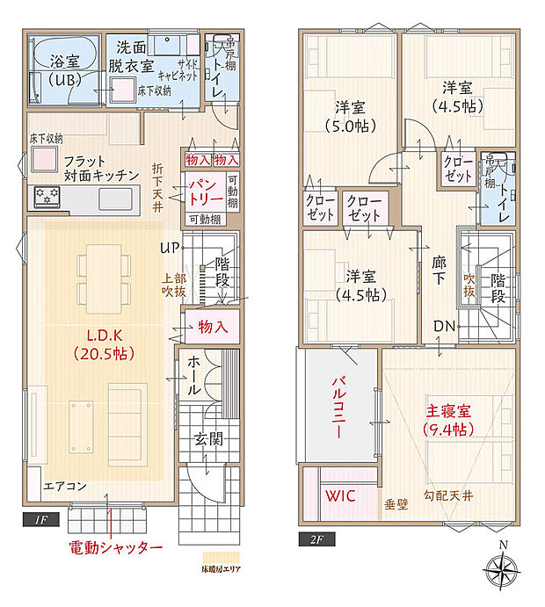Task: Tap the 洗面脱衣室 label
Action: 131,57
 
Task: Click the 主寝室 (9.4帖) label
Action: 449,419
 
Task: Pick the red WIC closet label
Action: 340,496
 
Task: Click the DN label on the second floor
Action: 444,327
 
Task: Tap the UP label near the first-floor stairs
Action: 170,249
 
